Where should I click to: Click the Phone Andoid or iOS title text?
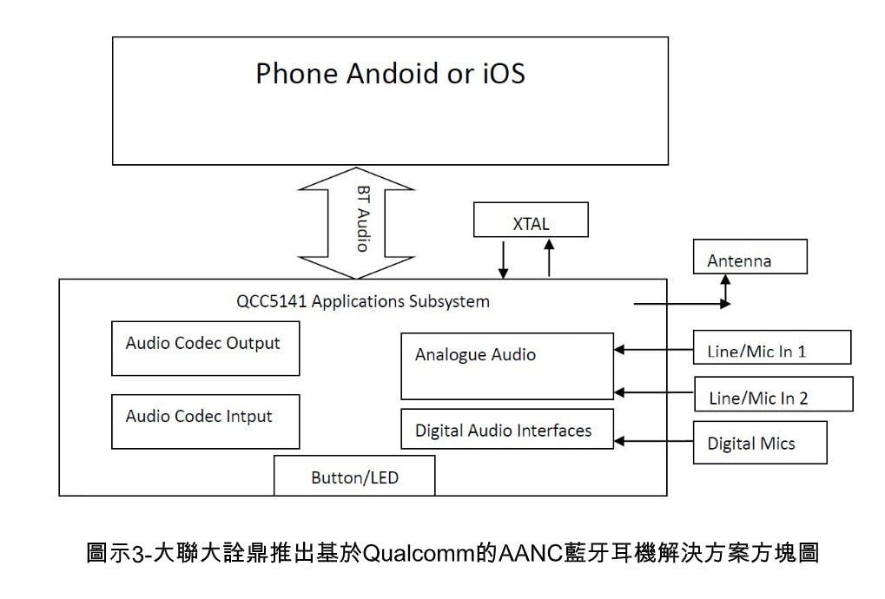pyautogui.click(x=390, y=73)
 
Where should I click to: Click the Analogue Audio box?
pyautogui.click(x=507, y=365)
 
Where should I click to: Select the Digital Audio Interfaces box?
pyautogui.click(x=507, y=429)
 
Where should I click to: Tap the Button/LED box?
pyautogui.click(x=354, y=476)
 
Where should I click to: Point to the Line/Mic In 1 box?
pyautogui.click(x=771, y=347)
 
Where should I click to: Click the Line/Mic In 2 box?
pyautogui.click(x=773, y=394)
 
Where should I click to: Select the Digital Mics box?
pyautogui.click(x=760, y=443)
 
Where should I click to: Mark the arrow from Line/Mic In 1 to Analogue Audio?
pyautogui.click(x=653, y=350)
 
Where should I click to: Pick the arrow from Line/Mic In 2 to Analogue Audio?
pyautogui.click(x=653, y=392)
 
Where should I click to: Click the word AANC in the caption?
pyautogui.click(x=524, y=553)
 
